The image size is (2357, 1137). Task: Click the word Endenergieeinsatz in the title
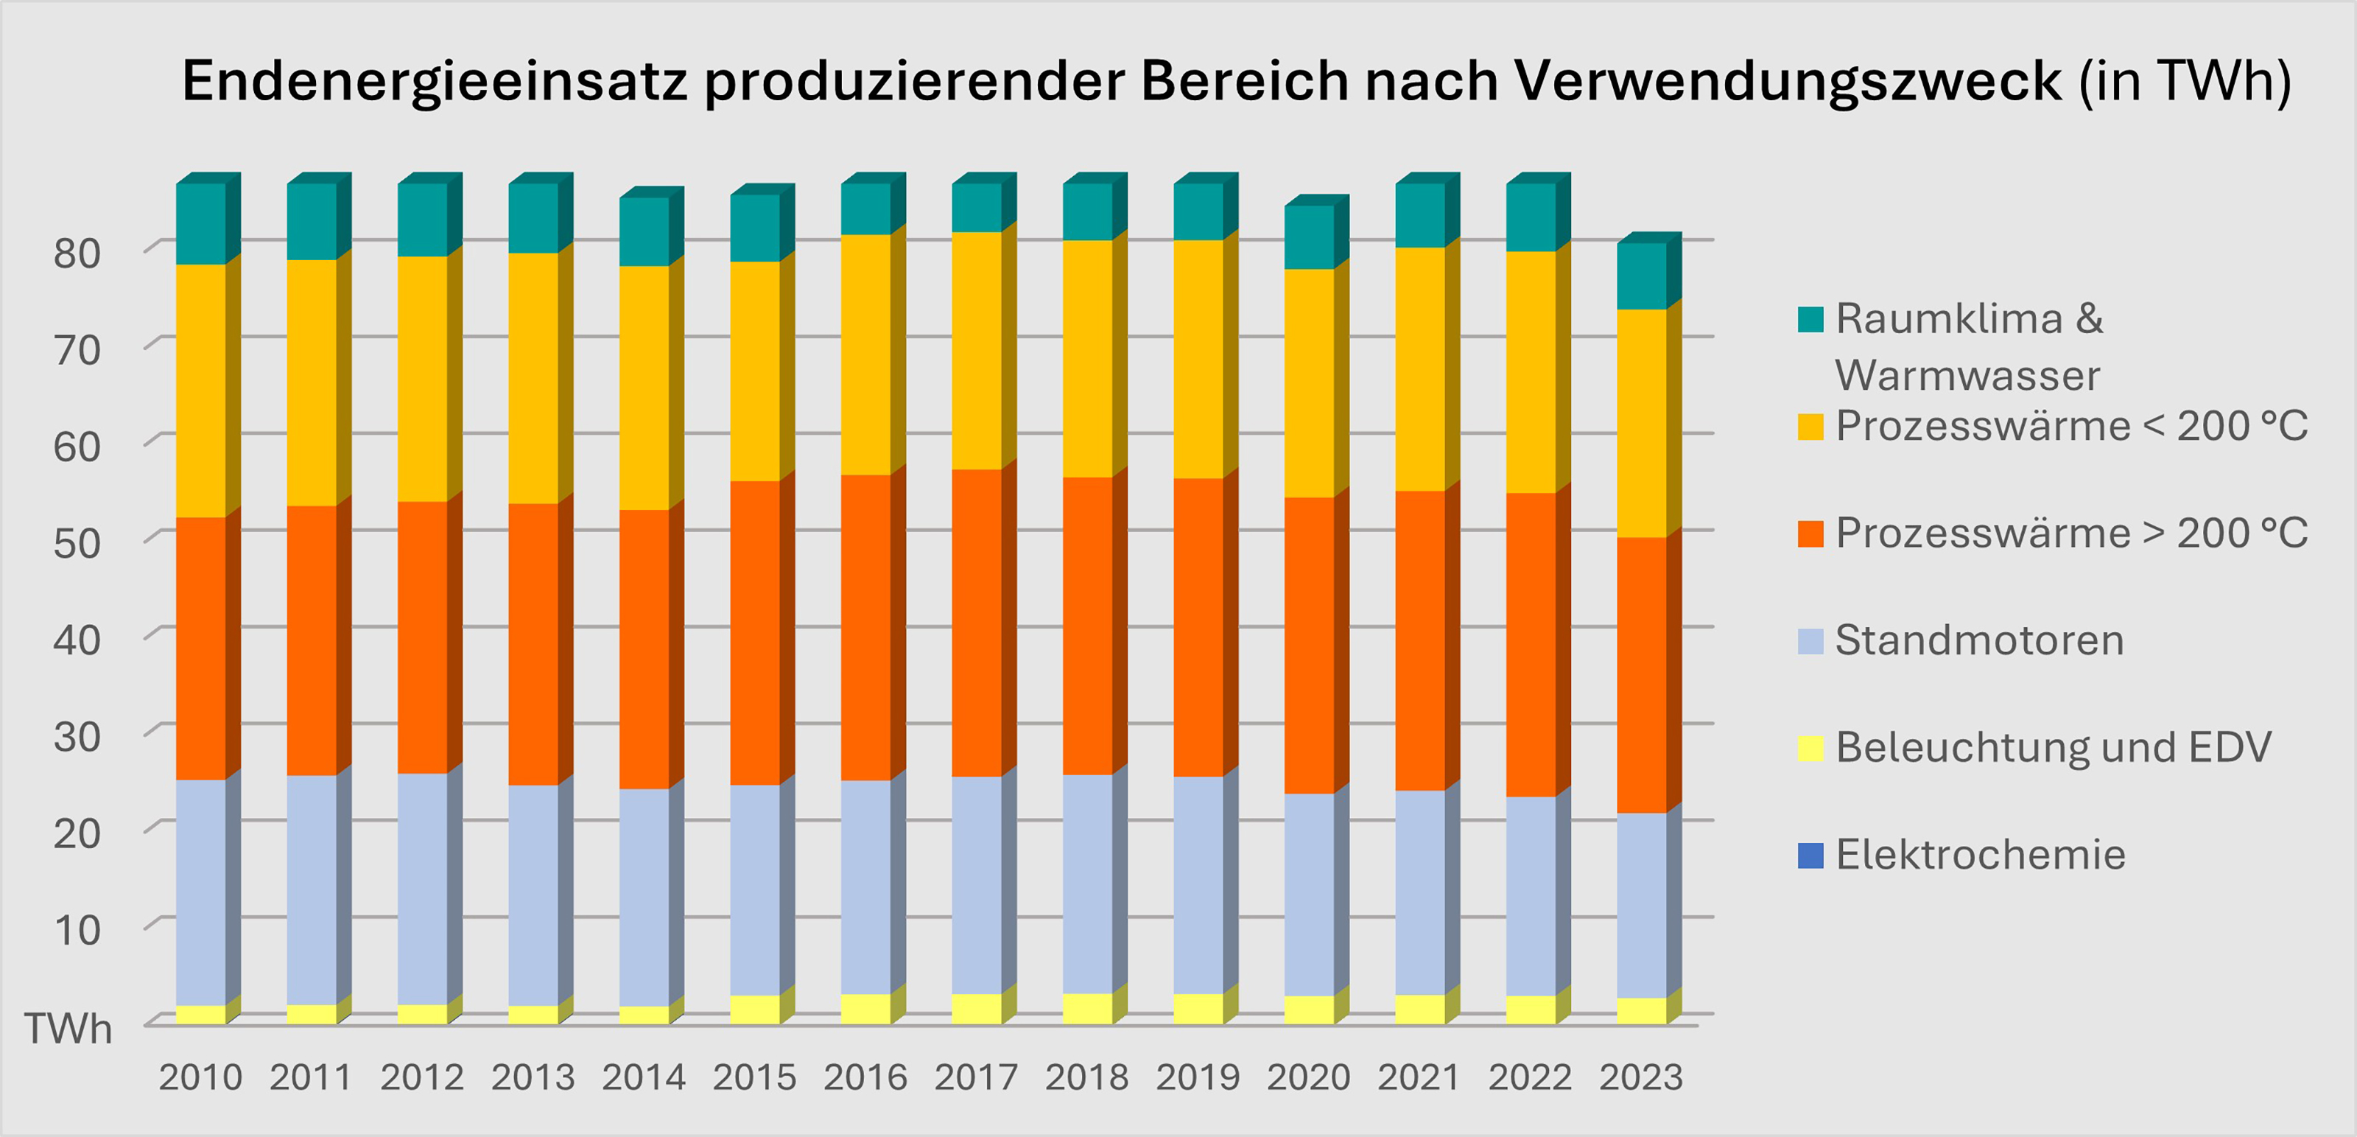[435, 83]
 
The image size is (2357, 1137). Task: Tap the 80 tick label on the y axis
[77, 253]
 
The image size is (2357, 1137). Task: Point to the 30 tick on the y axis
[77, 737]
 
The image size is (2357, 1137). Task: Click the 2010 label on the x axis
[200, 1077]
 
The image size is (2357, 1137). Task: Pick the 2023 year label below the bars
[1640, 1077]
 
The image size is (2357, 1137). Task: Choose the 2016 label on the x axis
[865, 1077]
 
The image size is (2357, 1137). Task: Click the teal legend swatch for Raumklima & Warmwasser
[1810, 320]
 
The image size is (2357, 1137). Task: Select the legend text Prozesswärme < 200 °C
[2071, 427]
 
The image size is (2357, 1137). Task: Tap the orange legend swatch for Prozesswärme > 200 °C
[1810, 533]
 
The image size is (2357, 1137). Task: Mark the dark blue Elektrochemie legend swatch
[1810, 855]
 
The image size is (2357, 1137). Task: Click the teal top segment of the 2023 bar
[1642, 276]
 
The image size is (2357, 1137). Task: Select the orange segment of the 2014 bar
[644, 649]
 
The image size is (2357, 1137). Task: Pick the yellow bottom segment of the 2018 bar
[1088, 1008]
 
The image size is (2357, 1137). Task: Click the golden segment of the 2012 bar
[423, 379]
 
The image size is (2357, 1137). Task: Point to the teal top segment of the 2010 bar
[201, 224]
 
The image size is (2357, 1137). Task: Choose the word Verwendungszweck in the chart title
[1789, 83]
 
